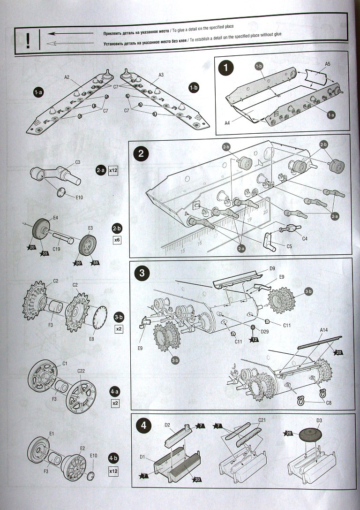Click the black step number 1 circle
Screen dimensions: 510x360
click(227, 67)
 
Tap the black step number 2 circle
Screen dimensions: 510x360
click(141, 153)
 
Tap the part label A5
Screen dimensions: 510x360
click(328, 64)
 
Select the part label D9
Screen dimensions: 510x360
click(272, 269)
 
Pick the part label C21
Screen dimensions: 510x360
click(262, 420)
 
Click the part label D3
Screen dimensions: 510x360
click(319, 420)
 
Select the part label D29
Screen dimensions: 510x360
click(265, 332)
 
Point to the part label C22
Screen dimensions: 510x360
click(81, 371)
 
